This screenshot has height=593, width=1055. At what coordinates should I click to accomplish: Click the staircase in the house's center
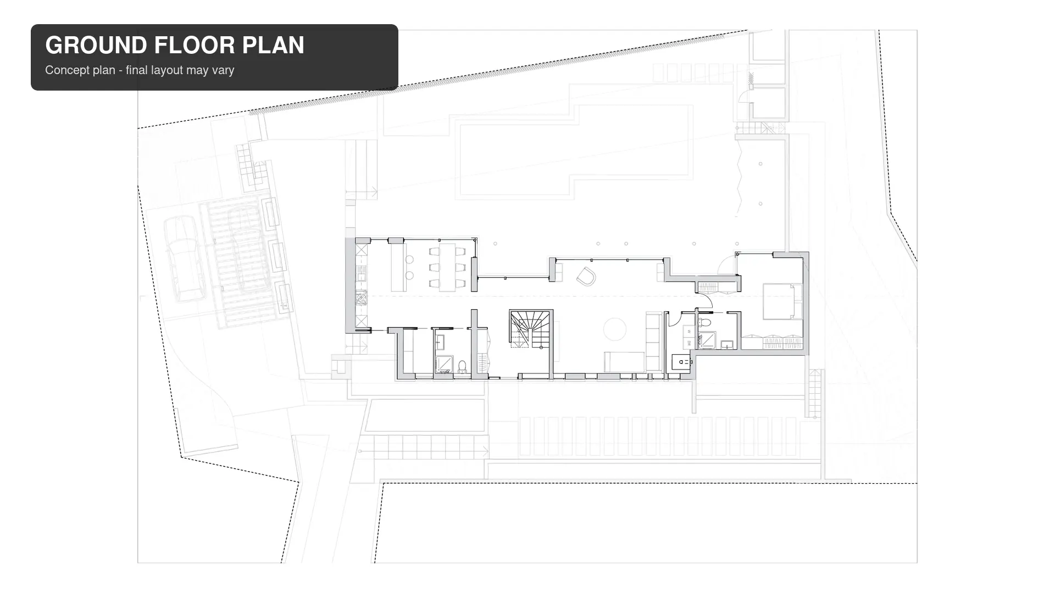[530, 329]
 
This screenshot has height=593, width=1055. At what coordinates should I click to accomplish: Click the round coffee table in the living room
[615, 329]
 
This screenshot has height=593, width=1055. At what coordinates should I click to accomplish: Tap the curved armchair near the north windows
[586, 276]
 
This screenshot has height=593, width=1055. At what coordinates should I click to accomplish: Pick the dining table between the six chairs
[447, 267]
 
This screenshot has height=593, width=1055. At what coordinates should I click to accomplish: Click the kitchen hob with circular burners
[361, 298]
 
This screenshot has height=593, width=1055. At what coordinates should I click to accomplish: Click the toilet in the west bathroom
[462, 366]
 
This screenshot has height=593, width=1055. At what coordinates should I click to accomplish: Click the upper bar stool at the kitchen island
[409, 259]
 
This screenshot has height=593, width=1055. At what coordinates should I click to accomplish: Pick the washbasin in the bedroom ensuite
[727, 345]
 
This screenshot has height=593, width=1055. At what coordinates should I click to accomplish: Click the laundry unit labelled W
[689, 332]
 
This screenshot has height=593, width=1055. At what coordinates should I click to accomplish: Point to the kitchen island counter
[398, 267]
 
